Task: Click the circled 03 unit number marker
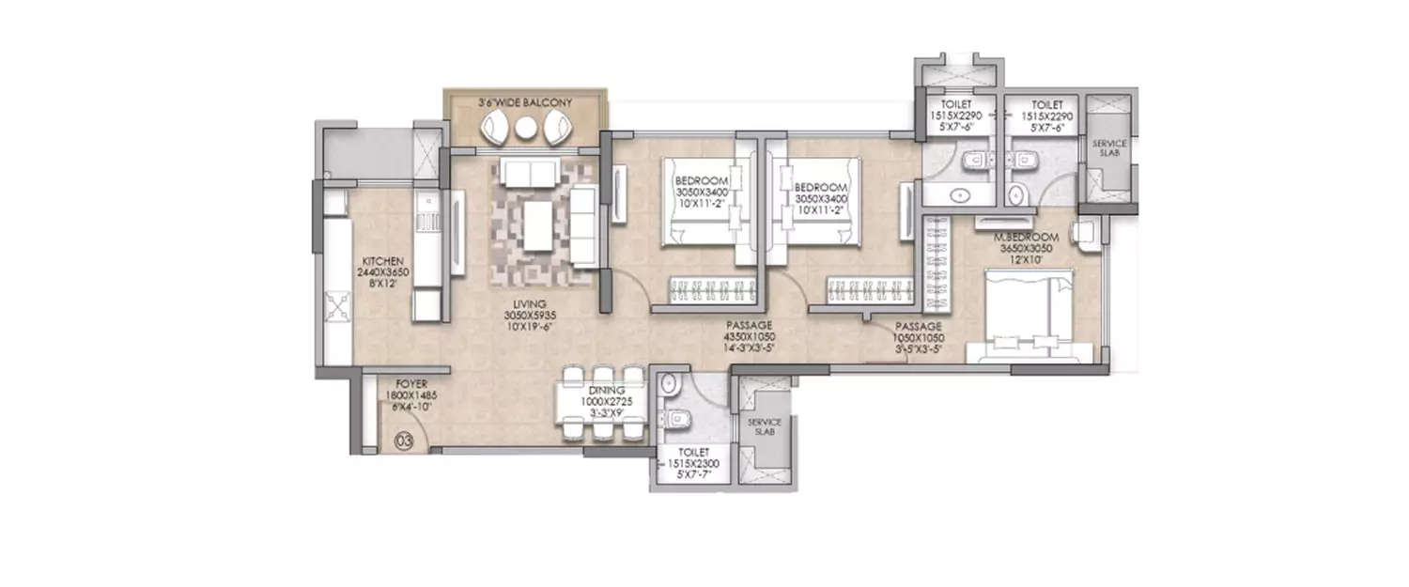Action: click(405, 439)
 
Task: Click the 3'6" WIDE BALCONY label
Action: click(525, 101)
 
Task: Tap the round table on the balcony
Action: click(525, 131)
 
